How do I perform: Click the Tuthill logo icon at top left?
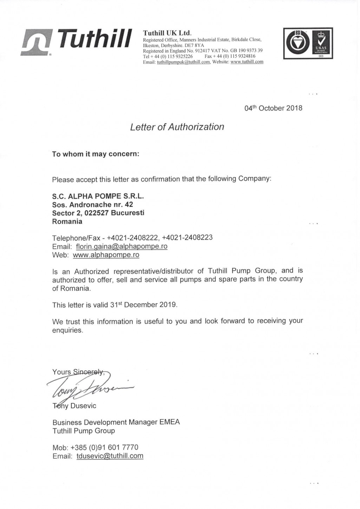33,42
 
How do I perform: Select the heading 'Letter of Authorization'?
177,127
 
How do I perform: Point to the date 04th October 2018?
273,108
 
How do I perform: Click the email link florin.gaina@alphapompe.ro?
122,246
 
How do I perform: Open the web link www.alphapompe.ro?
106,255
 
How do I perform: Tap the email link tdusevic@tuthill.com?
110,456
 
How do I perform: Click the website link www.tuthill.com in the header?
247,62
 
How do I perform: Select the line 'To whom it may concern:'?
96,154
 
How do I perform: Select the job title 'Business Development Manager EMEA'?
116,422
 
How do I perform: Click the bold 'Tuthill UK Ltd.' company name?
167,33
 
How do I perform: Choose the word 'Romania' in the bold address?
67,222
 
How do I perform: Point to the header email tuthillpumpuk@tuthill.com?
183,62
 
